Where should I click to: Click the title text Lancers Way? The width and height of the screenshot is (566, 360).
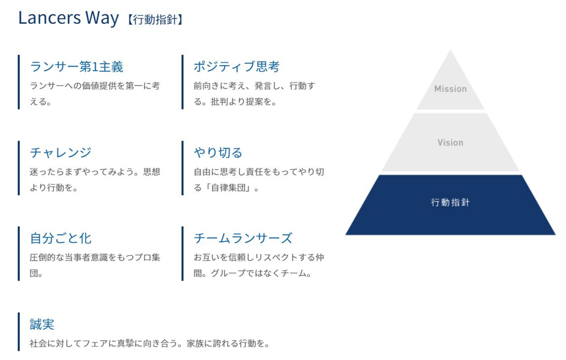(x=68, y=18)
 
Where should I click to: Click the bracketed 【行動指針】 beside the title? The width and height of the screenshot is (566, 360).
(x=155, y=20)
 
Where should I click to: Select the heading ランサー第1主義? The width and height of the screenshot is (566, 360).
(x=77, y=67)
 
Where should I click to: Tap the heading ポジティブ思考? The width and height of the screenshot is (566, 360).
(x=237, y=67)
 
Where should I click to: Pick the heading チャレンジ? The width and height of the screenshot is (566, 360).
(x=61, y=152)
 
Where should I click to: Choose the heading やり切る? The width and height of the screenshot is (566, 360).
(x=218, y=152)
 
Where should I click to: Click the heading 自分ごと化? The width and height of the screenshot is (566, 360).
(x=61, y=238)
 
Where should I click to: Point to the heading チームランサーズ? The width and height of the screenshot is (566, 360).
(x=243, y=238)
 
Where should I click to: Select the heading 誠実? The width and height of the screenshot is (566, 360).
(x=42, y=324)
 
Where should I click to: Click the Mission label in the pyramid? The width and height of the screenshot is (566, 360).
(x=450, y=89)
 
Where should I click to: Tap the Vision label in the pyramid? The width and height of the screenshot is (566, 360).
(x=450, y=143)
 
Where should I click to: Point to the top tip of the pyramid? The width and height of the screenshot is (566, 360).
(x=450, y=50)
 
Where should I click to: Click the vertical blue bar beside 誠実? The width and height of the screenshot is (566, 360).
(x=19, y=332)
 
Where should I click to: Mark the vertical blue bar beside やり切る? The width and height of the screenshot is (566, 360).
(x=182, y=168)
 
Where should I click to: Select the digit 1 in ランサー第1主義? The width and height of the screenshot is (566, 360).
(x=95, y=67)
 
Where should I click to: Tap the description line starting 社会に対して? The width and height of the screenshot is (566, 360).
(x=150, y=343)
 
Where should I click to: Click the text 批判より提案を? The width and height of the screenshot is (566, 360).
(x=241, y=102)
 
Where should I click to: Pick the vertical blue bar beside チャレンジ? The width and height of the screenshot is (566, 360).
(x=19, y=168)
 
